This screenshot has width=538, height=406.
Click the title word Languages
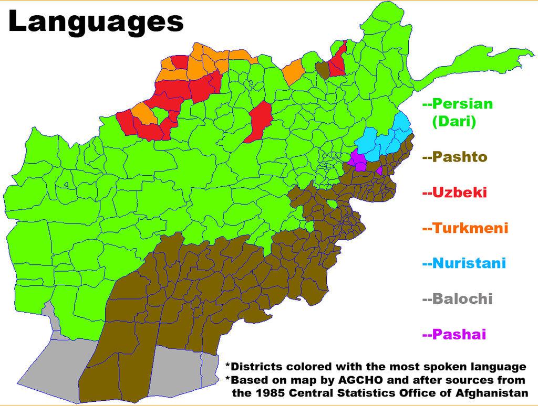(x=96, y=23)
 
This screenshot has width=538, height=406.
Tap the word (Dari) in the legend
(x=454, y=122)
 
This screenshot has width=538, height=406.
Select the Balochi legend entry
(x=462, y=299)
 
